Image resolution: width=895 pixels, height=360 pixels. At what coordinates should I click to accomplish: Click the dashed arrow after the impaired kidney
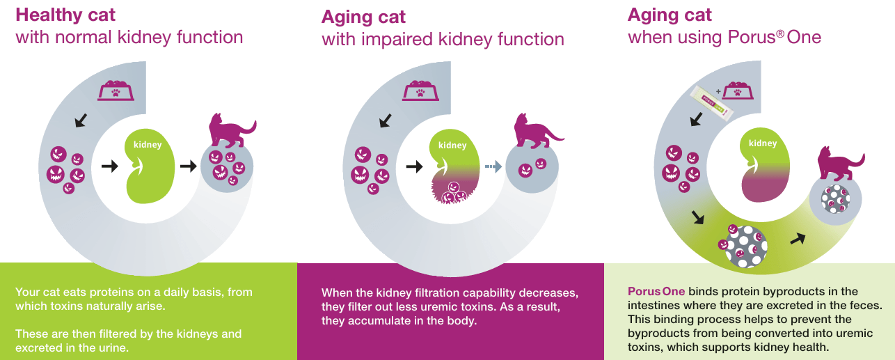pos(493,166)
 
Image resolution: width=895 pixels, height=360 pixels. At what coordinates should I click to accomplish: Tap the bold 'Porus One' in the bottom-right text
pos(656,291)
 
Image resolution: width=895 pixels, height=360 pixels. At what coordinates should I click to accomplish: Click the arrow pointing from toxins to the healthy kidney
pos(110,166)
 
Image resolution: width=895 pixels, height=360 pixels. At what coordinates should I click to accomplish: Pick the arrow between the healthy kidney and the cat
pos(188,166)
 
